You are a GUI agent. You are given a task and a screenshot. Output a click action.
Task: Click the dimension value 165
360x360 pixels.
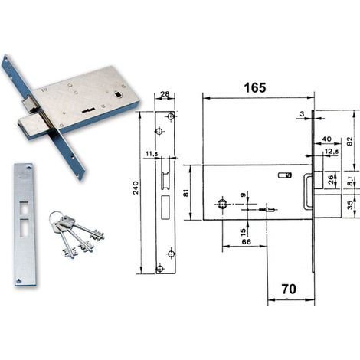coord(255,87)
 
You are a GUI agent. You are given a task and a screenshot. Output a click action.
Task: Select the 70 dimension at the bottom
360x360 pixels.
coord(289,289)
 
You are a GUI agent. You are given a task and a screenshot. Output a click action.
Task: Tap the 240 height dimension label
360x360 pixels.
coord(136,188)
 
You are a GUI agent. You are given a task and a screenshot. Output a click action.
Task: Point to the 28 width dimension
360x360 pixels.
coord(165,94)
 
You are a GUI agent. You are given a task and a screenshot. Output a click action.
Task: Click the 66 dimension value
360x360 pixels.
coord(246,241)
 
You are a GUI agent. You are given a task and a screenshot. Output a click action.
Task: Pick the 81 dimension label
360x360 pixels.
coord(187,193)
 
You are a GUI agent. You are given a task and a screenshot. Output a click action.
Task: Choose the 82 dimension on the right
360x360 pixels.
coord(350,141)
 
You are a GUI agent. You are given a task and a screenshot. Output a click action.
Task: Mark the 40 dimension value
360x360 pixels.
coord(327,139)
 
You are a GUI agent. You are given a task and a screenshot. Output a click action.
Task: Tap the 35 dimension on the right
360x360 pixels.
coord(351,205)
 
